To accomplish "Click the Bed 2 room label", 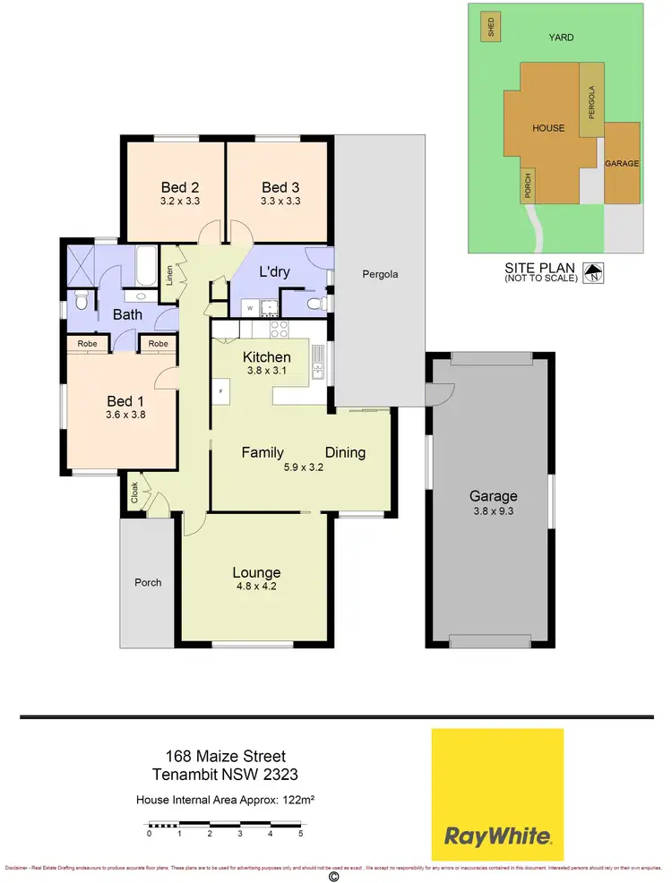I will [x=180, y=187].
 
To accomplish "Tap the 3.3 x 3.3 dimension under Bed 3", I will [x=280, y=201].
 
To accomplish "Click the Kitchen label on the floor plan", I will [x=266, y=357].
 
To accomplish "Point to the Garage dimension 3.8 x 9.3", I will [x=494, y=510].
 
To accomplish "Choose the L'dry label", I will [x=273, y=271].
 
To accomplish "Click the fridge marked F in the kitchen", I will [x=220, y=391].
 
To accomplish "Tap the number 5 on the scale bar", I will [x=300, y=833].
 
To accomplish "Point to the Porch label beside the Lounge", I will [x=148, y=582].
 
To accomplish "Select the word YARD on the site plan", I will [x=562, y=37].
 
